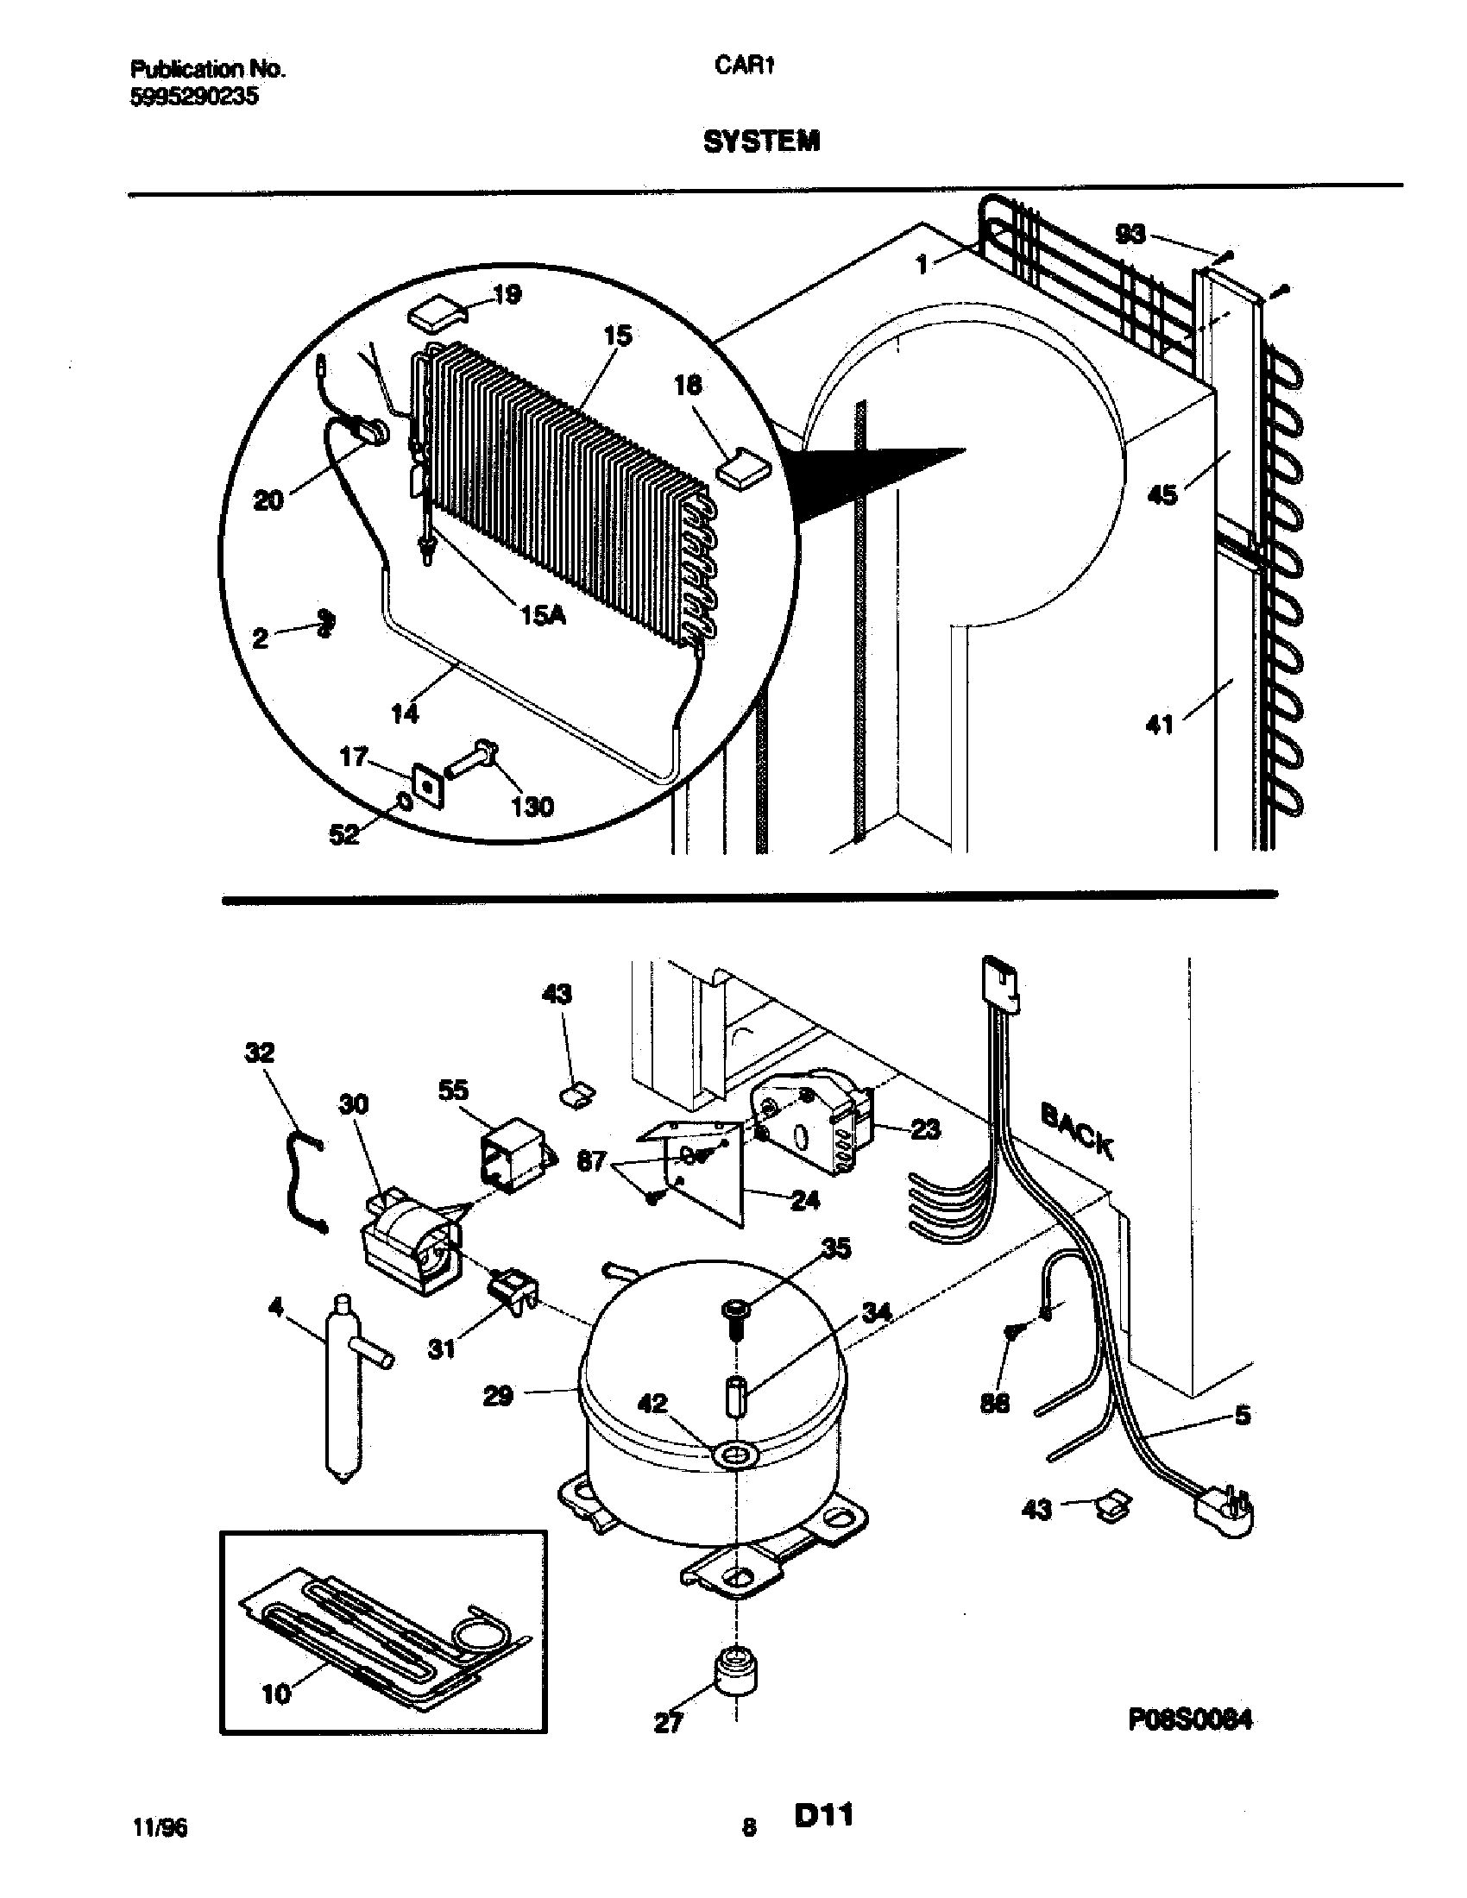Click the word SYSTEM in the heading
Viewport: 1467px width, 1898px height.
tap(760, 141)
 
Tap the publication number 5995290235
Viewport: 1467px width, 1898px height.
tap(194, 97)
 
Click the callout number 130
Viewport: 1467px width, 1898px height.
tap(532, 807)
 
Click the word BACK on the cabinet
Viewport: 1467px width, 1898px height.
tap(1076, 1131)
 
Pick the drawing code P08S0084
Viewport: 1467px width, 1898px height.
tap(1191, 1719)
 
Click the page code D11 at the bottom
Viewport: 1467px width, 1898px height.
tap(822, 1815)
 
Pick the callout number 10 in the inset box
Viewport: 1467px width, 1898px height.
tap(275, 1694)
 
